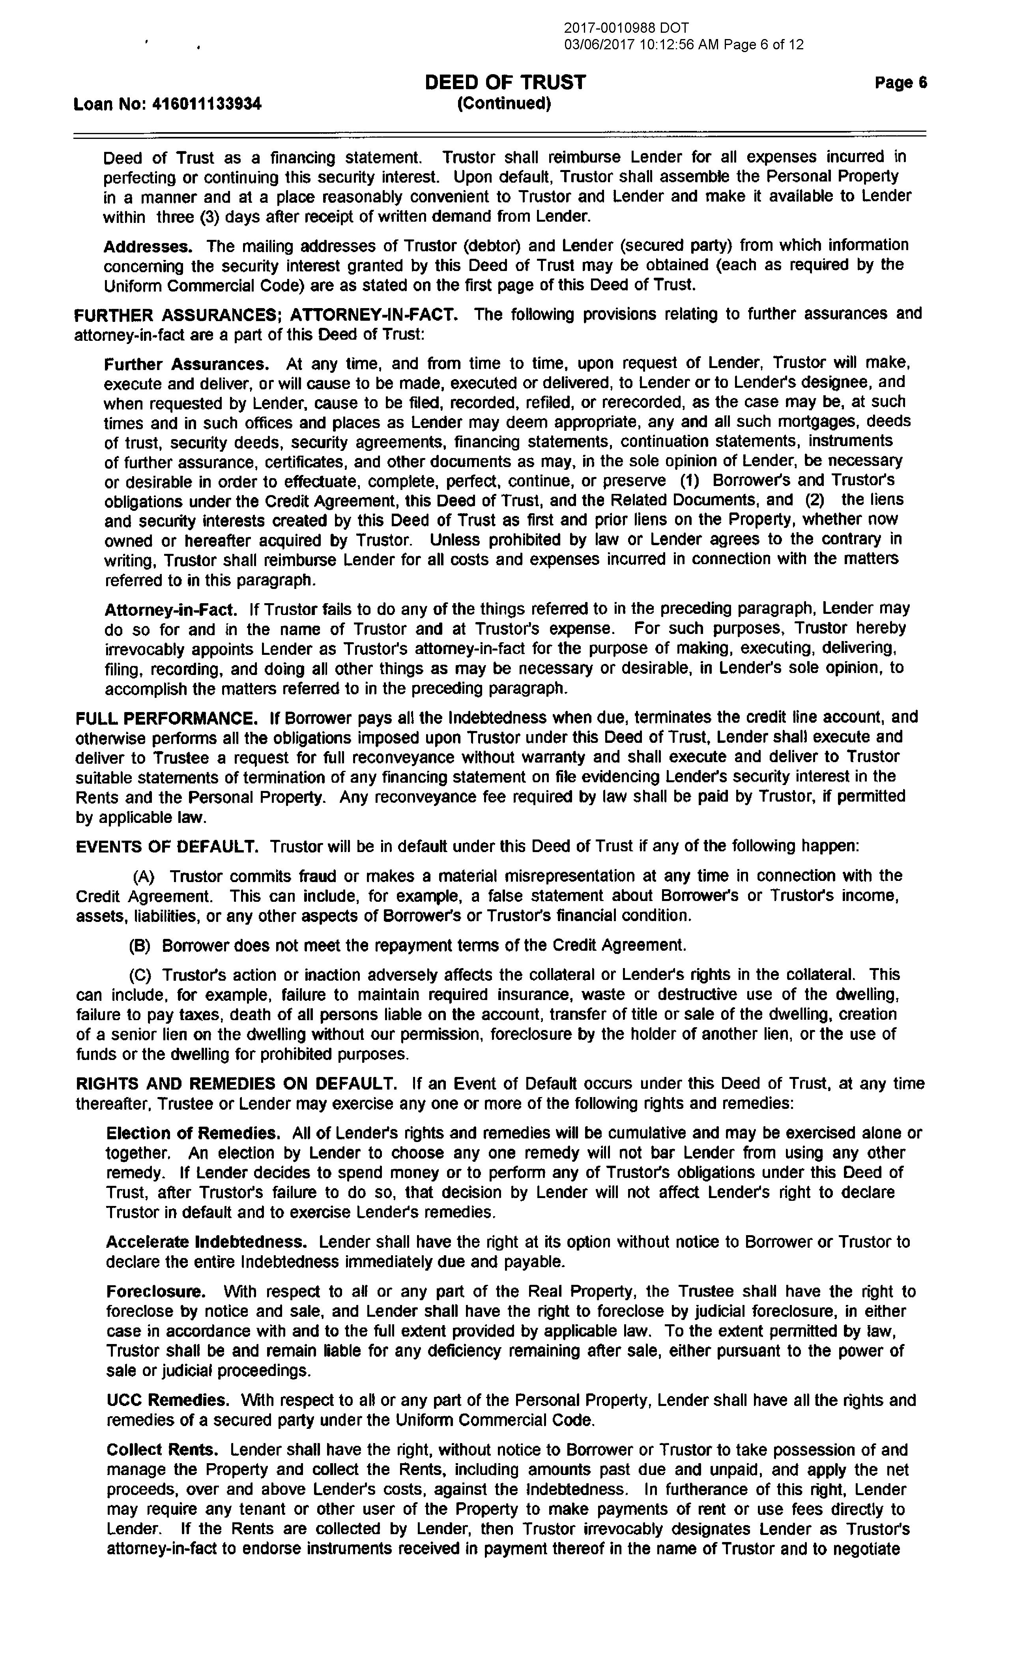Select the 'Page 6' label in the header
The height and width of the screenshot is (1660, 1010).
pos(900,83)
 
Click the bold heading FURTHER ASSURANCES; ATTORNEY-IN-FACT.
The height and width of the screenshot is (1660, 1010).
pos(267,315)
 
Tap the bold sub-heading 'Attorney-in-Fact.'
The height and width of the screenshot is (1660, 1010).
pos(170,610)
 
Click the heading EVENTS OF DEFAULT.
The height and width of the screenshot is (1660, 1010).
pos(166,846)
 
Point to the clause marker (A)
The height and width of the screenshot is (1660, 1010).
pos(144,877)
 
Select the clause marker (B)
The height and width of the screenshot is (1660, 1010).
pos(140,945)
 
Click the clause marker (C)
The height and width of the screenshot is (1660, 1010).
pos(140,975)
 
